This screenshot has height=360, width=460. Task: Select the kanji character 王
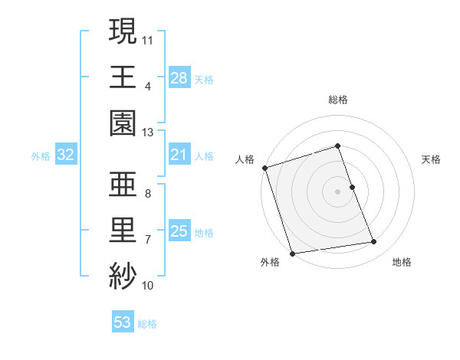(123, 77)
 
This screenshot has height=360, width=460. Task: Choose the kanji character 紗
(123, 276)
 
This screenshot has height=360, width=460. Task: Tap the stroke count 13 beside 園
(148, 132)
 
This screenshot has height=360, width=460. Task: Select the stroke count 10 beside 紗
(148, 285)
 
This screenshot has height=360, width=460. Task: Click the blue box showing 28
(179, 78)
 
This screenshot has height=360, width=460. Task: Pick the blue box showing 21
(179, 155)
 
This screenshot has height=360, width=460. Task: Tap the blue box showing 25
(179, 231)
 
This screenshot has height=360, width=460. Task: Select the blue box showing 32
(65, 155)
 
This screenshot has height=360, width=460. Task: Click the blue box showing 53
(122, 322)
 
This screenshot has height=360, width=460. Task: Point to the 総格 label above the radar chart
(337, 100)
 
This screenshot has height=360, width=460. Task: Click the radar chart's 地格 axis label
(402, 263)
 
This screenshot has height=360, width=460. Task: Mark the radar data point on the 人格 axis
(265, 168)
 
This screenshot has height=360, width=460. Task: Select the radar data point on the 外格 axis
(292, 253)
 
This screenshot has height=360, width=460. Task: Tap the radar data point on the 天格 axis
(352, 187)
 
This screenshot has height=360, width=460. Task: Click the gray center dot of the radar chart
(337, 191)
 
